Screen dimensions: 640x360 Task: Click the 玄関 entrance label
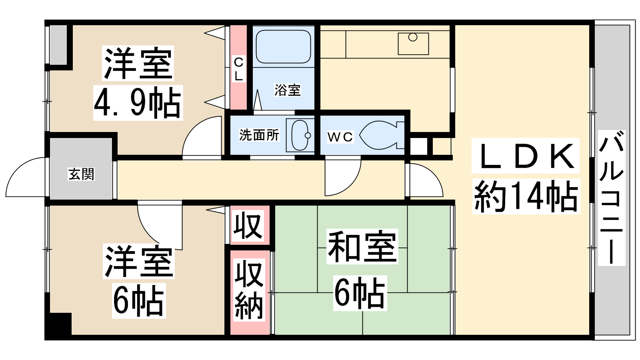pyautogui.click(x=81, y=174)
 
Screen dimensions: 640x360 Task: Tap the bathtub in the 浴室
pyautogui.click(x=283, y=46)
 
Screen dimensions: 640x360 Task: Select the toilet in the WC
pyautogui.click(x=382, y=135)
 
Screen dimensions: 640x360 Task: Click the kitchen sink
pyautogui.click(x=413, y=44)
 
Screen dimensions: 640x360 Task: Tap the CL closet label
pyautogui.click(x=238, y=69)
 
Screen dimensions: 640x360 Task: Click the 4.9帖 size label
pyautogui.click(x=138, y=102)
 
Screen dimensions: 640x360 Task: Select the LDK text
pyautogui.click(x=525, y=156)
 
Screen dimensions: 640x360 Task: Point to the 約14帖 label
pyautogui.click(x=526, y=196)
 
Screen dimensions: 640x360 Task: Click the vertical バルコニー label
pyautogui.click(x=612, y=198)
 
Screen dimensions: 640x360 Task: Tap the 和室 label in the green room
pyautogui.click(x=362, y=246)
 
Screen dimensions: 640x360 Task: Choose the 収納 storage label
pyautogui.click(x=249, y=290)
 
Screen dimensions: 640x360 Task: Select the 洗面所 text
pyautogui.click(x=259, y=135)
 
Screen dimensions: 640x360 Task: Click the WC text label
pyautogui.click(x=340, y=137)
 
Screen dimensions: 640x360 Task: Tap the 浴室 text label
pyautogui.click(x=288, y=90)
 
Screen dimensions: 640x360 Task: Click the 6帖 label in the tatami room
pyautogui.click(x=360, y=293)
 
